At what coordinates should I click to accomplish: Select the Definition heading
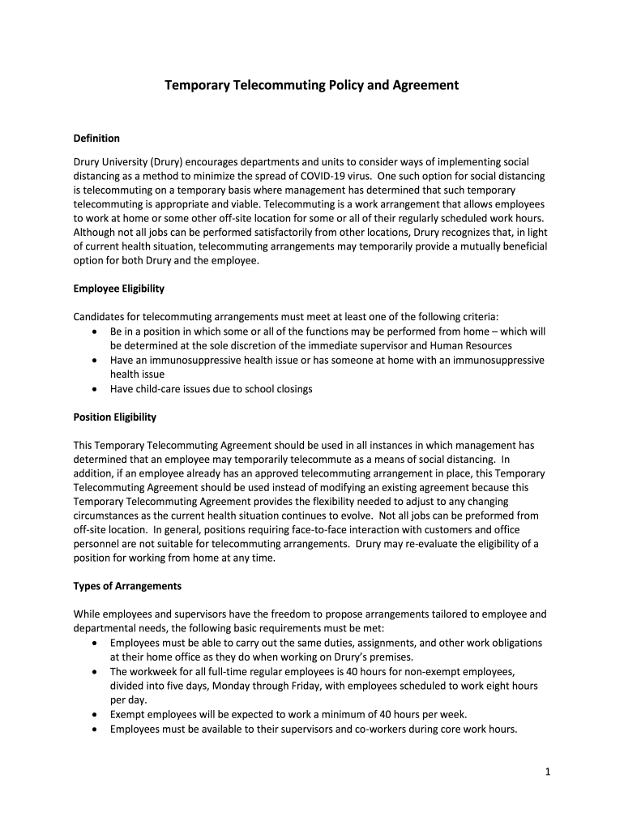tap(96, 138)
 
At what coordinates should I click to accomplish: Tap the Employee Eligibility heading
tap(119, 289)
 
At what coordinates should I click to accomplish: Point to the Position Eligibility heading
tap(114, 417)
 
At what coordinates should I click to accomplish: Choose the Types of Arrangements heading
tap(127, 586)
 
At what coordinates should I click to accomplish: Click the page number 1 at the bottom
tap(548, 772)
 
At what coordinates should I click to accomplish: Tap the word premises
tap(395, 657)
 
